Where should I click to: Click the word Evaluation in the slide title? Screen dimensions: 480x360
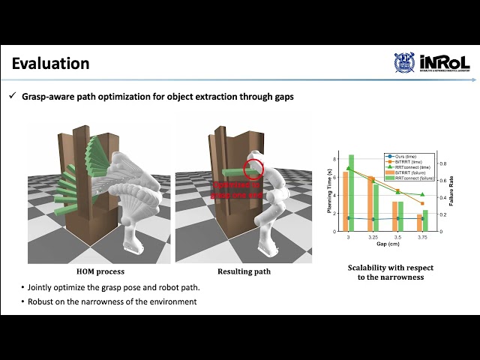tap(50, 64)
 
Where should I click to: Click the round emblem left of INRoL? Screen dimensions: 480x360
tap(404, 63)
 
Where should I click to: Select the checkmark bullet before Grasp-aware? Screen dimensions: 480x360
tap(12, 97)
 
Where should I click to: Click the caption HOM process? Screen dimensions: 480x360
tap(100, 271)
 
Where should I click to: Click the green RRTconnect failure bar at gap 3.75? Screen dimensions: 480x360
tap(425, 220)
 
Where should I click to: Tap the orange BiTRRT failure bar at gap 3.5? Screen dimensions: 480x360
tap(395, 216)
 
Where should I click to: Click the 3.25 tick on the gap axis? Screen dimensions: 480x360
tap(373, 236)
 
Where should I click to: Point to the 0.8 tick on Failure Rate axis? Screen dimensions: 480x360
tap(442, 163)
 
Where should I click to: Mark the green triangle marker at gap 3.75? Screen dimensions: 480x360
tap(422, 195)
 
